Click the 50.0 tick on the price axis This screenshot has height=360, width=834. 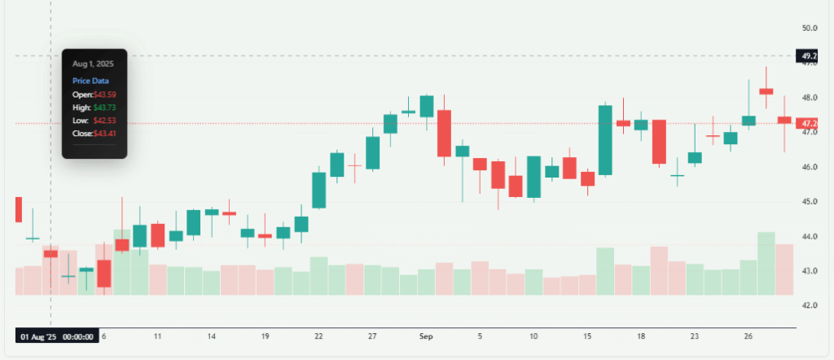809,28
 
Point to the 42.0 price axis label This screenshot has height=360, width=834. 809,305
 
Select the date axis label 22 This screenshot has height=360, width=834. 318,336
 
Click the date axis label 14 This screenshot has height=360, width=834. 211,336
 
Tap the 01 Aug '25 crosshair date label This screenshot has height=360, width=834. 57,336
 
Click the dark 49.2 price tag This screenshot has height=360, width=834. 810,56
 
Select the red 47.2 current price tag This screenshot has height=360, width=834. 810,124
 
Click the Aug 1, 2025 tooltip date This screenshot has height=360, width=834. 92,64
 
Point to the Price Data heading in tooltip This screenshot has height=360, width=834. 90,81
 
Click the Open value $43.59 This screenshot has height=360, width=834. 104,94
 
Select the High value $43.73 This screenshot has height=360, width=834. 104,108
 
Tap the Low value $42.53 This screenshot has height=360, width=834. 104,121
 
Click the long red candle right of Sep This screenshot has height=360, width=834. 444,133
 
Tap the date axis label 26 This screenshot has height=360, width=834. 748,336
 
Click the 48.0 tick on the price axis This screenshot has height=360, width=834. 809,97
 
